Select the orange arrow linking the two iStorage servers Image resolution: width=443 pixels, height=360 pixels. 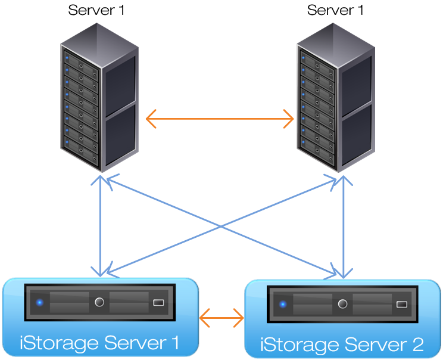[x=221, y=318]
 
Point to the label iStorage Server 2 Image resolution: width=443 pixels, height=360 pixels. [x=342, y=345]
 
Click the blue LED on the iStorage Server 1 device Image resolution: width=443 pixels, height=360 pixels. [x=40, y=302]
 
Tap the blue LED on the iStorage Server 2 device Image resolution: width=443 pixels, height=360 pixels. [x=283, y=305]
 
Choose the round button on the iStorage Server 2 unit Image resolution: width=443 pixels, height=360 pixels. [x=342, y=304]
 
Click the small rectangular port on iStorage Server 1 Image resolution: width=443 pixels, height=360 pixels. [x=158, y=302]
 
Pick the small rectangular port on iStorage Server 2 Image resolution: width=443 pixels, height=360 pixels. [x=401, y=305]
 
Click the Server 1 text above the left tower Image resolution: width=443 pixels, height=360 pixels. [x=96, y=10]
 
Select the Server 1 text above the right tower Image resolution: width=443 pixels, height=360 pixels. [x=335, y=10]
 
